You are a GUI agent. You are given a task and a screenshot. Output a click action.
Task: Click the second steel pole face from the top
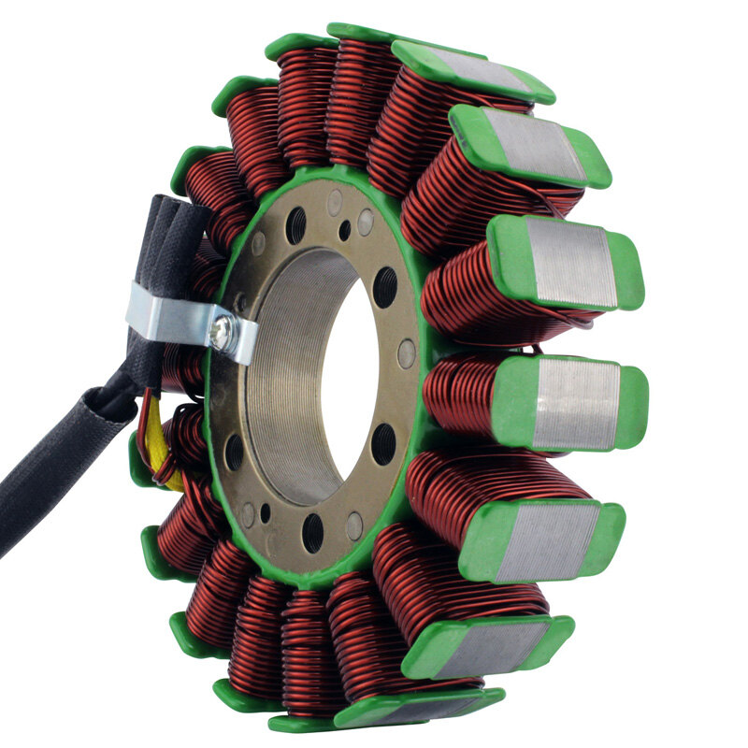(533, 145)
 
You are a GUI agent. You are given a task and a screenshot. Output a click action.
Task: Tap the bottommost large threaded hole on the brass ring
(313, 531)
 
